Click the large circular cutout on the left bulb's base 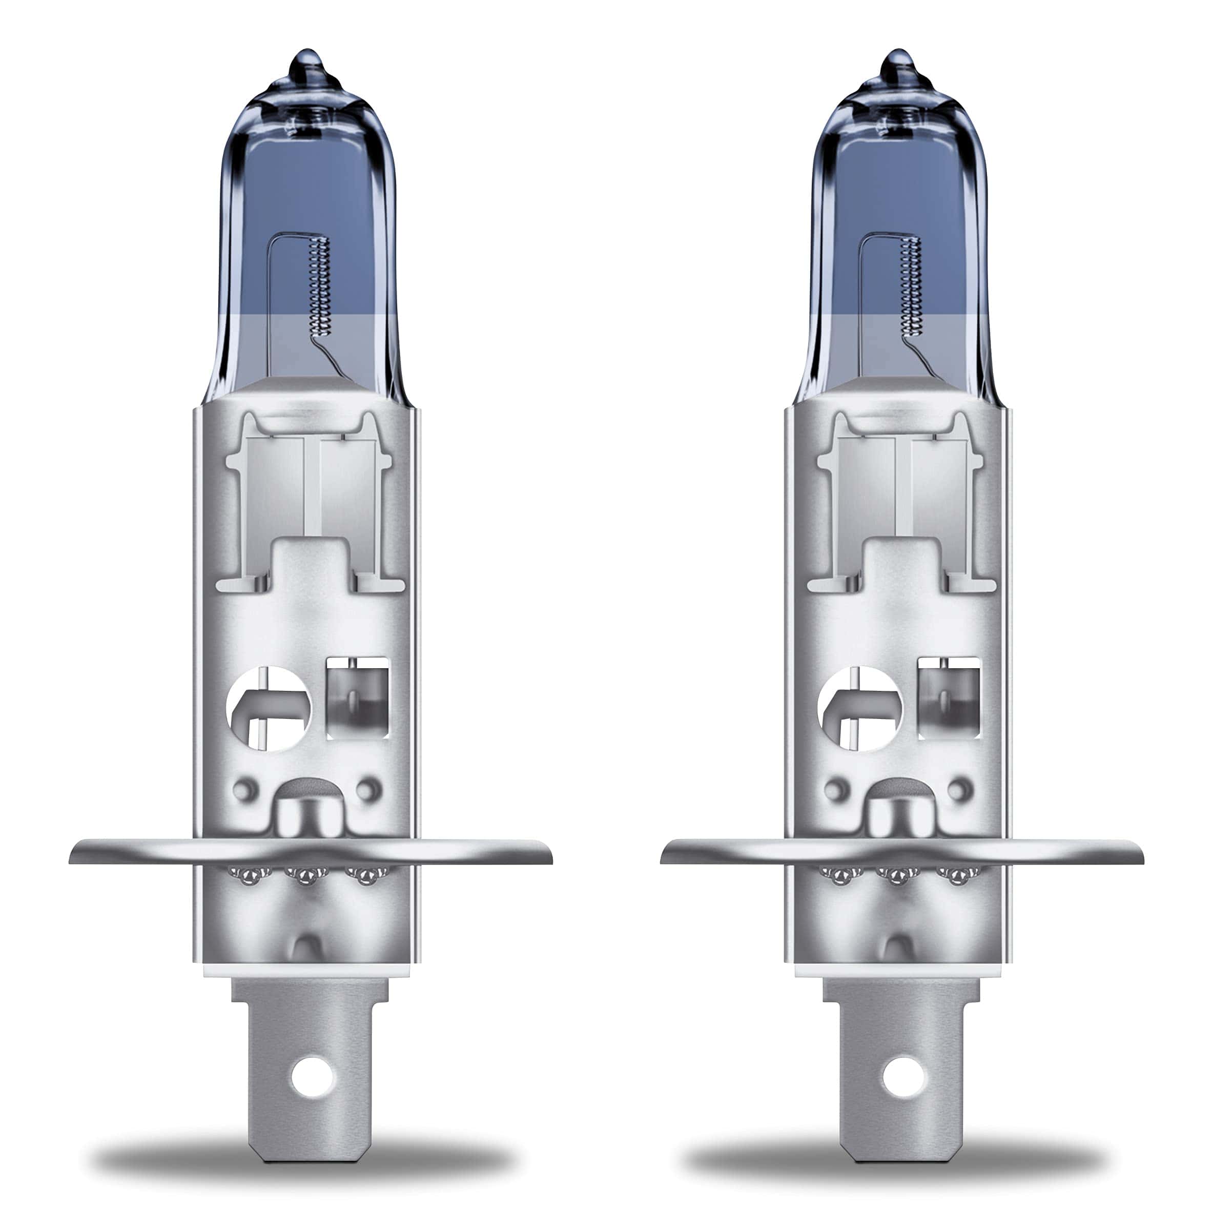coord(269,707)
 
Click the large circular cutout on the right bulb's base coord(860,707)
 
